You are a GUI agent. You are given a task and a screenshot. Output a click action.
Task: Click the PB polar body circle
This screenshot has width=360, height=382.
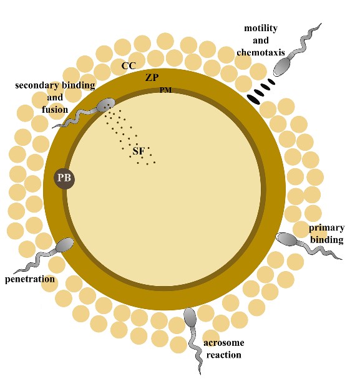click(64, 179)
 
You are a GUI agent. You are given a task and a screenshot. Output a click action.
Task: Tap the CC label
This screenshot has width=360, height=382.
click(129, 66)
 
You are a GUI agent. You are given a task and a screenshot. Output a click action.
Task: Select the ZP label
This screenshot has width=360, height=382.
click(152, 77)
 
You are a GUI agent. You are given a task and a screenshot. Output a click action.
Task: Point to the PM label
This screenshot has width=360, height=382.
click(165, 90)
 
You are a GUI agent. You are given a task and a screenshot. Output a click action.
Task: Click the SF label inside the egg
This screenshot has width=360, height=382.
click(139, 151)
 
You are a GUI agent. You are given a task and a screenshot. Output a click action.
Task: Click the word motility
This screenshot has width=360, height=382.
click(261, 28)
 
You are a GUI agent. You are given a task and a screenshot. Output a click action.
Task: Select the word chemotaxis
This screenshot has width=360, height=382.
click(261, 52)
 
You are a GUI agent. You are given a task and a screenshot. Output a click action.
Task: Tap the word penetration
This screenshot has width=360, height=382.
click(30, 279)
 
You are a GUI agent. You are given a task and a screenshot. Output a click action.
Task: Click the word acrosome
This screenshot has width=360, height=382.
click(223, 343)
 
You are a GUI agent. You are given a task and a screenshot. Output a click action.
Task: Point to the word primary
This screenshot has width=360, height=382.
click(326, 228)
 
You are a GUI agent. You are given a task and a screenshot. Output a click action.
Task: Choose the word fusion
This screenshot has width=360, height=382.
click(55, 110)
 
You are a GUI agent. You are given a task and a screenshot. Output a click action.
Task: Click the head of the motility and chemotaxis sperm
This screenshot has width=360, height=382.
click(282, 67)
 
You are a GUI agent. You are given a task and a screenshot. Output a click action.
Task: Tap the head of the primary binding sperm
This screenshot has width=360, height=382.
click(287, 239)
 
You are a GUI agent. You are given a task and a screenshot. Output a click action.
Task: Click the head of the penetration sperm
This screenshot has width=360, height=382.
click(64, 245)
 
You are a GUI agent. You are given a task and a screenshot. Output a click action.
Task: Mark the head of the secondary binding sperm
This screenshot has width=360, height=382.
click(105, 105)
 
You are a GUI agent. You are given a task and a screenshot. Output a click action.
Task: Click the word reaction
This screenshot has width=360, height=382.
click(223, 355)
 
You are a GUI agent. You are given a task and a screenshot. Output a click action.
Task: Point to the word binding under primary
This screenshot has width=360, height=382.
click(327, 239)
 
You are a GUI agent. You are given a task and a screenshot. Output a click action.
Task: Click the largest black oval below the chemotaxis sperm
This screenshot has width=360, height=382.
click(253, 100)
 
